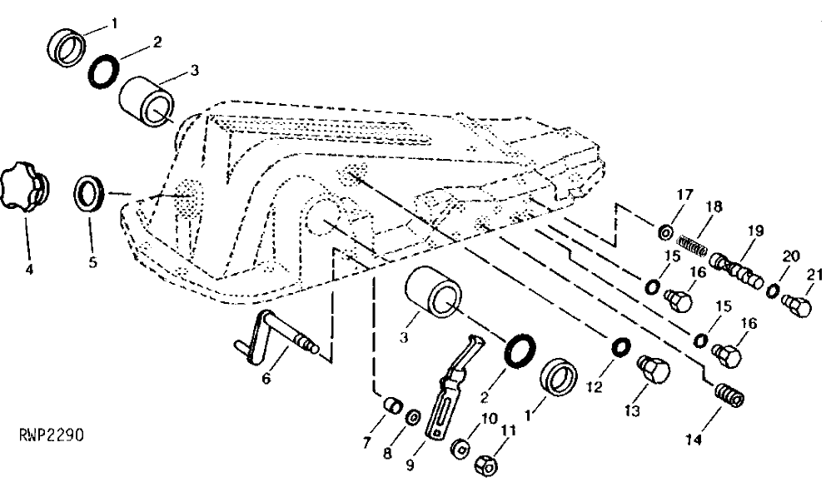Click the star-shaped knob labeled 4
click(23, 189)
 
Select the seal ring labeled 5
click(90, 194)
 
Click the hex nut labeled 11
click(487, 464)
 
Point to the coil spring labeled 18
click(692, 246)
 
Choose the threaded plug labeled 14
click(729, 394)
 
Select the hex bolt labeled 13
click(653, 369)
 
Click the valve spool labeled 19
click(735, 271)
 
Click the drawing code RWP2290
click(52, 435)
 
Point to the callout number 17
click(684, 196)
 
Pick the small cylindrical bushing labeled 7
click(393, 406)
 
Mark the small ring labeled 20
click(774, 291)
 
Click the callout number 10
click(489, 420)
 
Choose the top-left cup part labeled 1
click(67, 47)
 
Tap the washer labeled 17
click(664, 231)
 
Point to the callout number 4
click(29, 269)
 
